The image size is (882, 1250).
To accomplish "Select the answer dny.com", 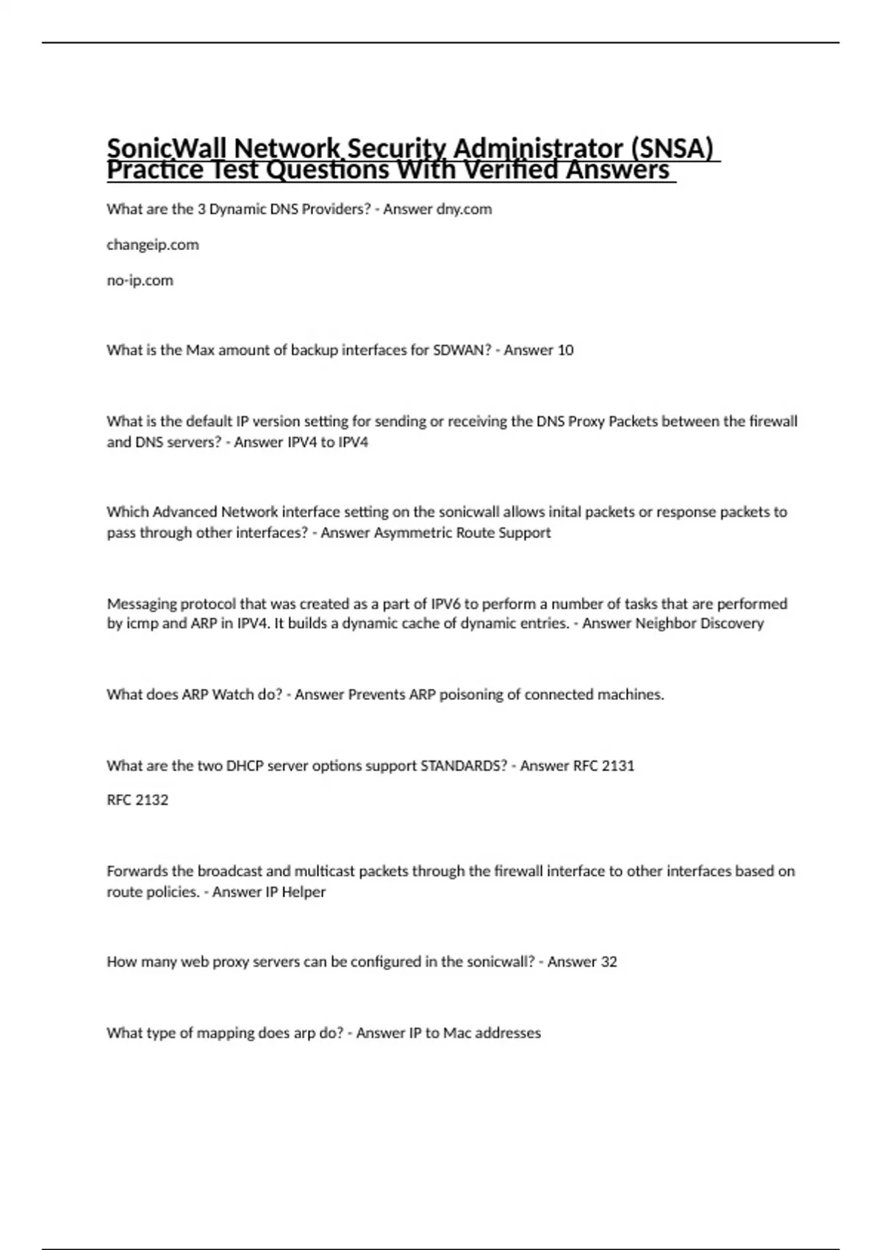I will pyautogui.click(x=464, y=210).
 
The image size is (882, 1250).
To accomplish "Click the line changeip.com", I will pyautogui.click(x=153, y=245).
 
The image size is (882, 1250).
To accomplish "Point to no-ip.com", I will pyautogui.click(x=140, y=280).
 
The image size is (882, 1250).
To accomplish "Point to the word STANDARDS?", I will pyautogui.click(x=464, y=765).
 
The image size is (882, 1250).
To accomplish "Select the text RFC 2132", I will pyautogui.click(x=137, y=800).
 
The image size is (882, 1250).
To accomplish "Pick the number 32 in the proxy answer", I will pyautogui.click(x=609, y=962).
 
